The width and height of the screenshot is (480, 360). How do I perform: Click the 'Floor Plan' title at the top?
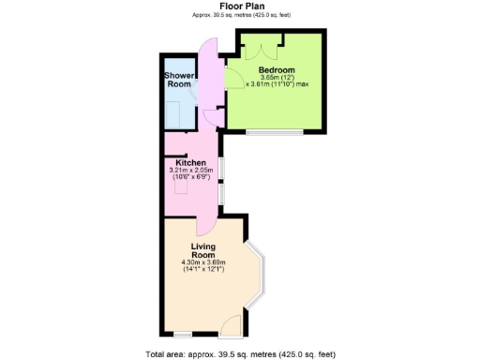(x=240, y=6)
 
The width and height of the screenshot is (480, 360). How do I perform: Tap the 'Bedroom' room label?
(x=277, y=70)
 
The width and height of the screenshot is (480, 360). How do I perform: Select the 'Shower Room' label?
(x=179, y=80)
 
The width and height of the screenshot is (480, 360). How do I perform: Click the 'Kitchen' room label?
(x=191, y=162)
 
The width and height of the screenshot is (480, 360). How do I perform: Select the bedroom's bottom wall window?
(x=275, y=132)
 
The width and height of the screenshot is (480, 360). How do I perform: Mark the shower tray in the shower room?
(x=177, y=112)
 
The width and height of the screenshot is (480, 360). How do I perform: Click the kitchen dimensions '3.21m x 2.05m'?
(x=191, y=171)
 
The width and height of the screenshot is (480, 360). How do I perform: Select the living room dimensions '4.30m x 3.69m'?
(x=203, y=262)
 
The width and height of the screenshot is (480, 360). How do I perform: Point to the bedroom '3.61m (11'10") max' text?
(x=277, y=85)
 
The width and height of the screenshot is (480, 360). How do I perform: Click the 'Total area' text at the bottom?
(x=240, y=354)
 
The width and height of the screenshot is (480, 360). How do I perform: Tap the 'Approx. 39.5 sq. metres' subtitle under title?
(x=240, y=15)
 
